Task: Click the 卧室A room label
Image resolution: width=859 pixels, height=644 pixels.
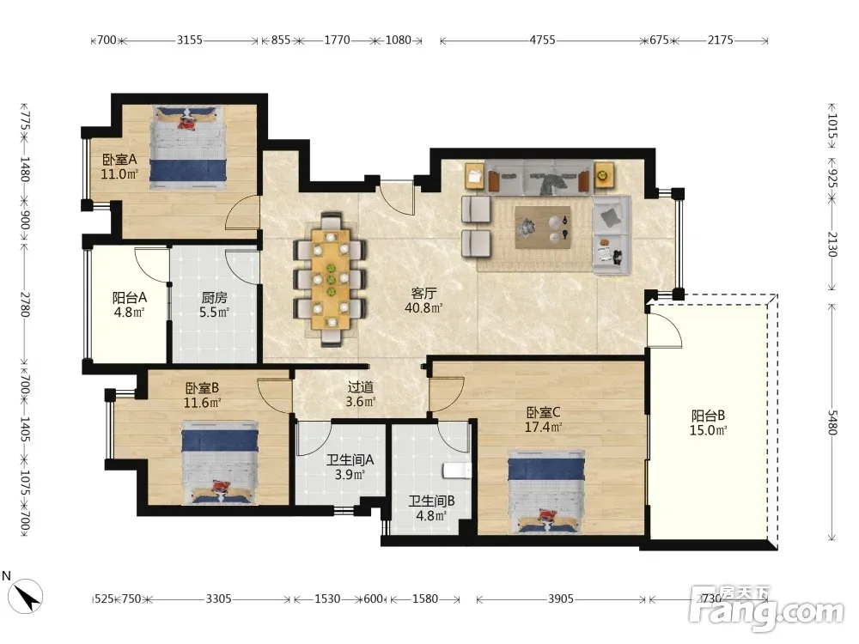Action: tap(119, 160)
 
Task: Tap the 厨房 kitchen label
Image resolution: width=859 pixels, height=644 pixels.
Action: tap(214, 297)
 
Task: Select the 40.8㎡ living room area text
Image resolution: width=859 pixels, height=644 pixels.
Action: tap(423, 307)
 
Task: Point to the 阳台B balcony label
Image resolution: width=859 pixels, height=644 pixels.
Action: tap(708, 416)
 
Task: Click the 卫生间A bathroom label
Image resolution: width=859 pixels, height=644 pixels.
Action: tap(350, 460)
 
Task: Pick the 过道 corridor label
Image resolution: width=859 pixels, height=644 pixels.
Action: tap(361, 387)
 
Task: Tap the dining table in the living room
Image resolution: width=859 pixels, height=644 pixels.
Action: tap(331, 279)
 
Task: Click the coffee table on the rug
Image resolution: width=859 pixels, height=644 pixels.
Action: tap(543, 228)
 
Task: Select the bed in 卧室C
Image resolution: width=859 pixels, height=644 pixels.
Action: tap(546, 491)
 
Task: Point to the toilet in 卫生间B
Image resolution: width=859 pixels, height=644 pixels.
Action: tap(457, 471)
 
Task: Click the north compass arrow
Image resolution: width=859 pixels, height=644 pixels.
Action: tap(26, 596)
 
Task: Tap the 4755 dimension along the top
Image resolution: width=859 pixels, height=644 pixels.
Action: tap(542, 40)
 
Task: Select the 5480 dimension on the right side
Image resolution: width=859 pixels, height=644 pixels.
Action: tap(832, 422)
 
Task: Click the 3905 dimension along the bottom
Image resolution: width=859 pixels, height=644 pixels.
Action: tap(560, 599)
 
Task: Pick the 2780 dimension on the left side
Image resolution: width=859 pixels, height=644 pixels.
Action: tap(25, 305)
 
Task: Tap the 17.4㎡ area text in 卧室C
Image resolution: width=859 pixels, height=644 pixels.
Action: tap(543, 427)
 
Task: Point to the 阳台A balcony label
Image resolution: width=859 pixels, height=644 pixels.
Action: tap(130, 297)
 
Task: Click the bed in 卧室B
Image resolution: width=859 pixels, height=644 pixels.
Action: tap(220, 463)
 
